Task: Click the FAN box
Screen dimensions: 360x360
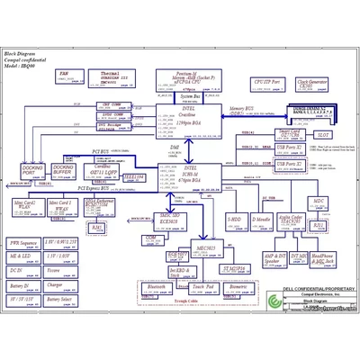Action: tap(64, 75)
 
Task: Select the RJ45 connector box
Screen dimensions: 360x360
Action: tap(97, 228)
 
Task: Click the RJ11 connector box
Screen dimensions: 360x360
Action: tap(317, 226)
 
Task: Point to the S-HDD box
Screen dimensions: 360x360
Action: tap(233, 220)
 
